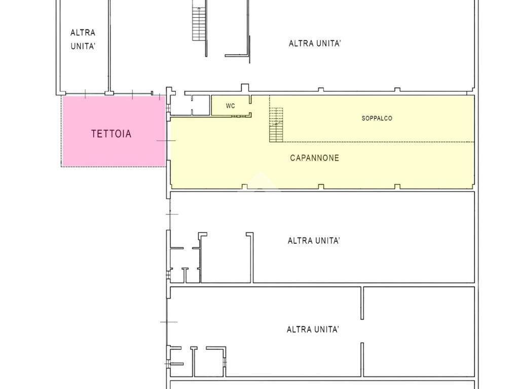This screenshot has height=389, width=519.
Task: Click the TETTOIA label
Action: pos(111,134)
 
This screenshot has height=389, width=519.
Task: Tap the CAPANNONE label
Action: pos(314,158)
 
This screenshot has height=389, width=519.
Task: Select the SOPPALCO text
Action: pos(377,119)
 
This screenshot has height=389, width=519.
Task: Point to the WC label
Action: pos(231,106)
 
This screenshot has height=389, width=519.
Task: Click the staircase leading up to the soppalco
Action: pos(276,125)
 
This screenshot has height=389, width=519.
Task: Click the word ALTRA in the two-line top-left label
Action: pos(83,33)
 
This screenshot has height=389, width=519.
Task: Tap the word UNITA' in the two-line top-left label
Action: pos(83,46)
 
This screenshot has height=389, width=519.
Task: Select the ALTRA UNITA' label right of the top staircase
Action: pos(314,44)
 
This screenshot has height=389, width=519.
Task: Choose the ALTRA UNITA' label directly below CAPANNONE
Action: pos(314,241)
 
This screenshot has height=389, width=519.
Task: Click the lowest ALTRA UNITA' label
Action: pos(313,330)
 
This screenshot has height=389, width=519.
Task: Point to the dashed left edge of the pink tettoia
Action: pos(62,132)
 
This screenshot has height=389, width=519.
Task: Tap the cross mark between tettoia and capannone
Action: pos(166,140)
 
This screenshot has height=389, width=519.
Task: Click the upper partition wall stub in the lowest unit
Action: pos(362,303)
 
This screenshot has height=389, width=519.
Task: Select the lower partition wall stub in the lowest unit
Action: pos(362,360)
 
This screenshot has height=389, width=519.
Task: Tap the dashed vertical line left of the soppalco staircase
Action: pos(270,119)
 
